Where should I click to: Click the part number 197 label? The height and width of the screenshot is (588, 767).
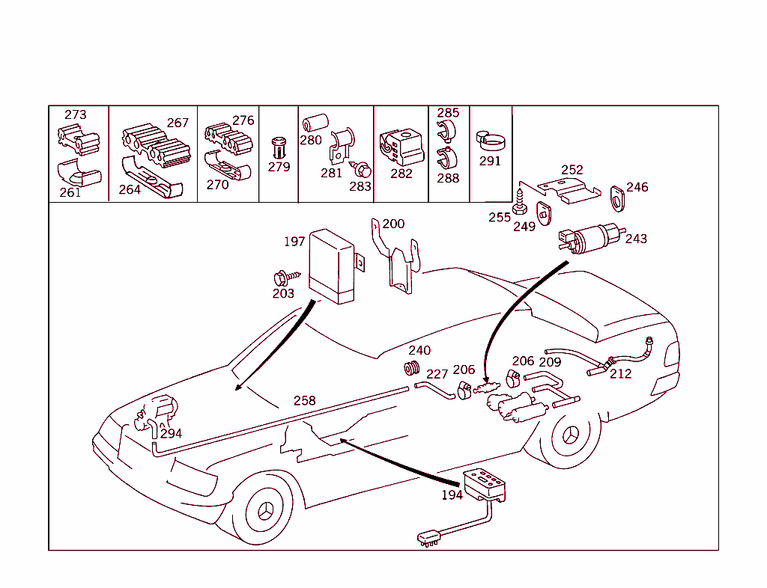294,241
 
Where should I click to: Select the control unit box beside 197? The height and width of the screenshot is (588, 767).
332,266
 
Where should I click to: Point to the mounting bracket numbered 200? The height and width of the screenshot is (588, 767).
395,257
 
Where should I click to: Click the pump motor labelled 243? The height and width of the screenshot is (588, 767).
592,239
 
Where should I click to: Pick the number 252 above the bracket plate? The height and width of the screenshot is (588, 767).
572,170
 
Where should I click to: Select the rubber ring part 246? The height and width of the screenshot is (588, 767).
618,199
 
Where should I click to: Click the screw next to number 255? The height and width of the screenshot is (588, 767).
520,203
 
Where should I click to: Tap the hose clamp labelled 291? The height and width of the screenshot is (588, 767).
491,141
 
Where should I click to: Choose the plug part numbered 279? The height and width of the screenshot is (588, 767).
279,147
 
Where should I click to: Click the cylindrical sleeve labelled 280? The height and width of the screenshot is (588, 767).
315,123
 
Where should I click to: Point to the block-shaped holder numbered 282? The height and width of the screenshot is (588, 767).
401,147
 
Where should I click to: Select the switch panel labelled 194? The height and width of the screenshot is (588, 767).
485,485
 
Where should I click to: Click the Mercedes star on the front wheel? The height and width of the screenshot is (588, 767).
264,512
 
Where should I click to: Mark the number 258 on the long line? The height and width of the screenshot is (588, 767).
304,400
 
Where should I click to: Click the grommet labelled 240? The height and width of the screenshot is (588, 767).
413,368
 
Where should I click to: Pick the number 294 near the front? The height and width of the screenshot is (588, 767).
172,434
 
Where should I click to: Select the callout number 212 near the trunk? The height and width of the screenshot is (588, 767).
620,373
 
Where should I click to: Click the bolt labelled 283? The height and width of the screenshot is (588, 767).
362,171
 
